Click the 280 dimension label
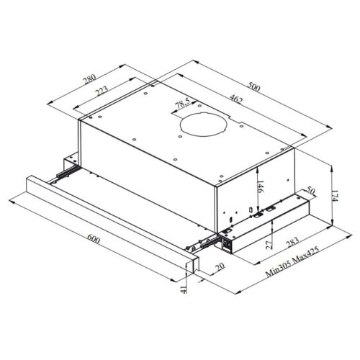[89, 79]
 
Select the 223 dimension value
[102, 91]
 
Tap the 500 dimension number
[254, 86]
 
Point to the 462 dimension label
[236, 99]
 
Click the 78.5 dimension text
[182, 104]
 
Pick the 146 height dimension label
[261, 186]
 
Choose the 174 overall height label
[335, 196]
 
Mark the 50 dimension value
[310, 192]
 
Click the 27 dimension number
[270, 244]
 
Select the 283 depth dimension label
[292, 242]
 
